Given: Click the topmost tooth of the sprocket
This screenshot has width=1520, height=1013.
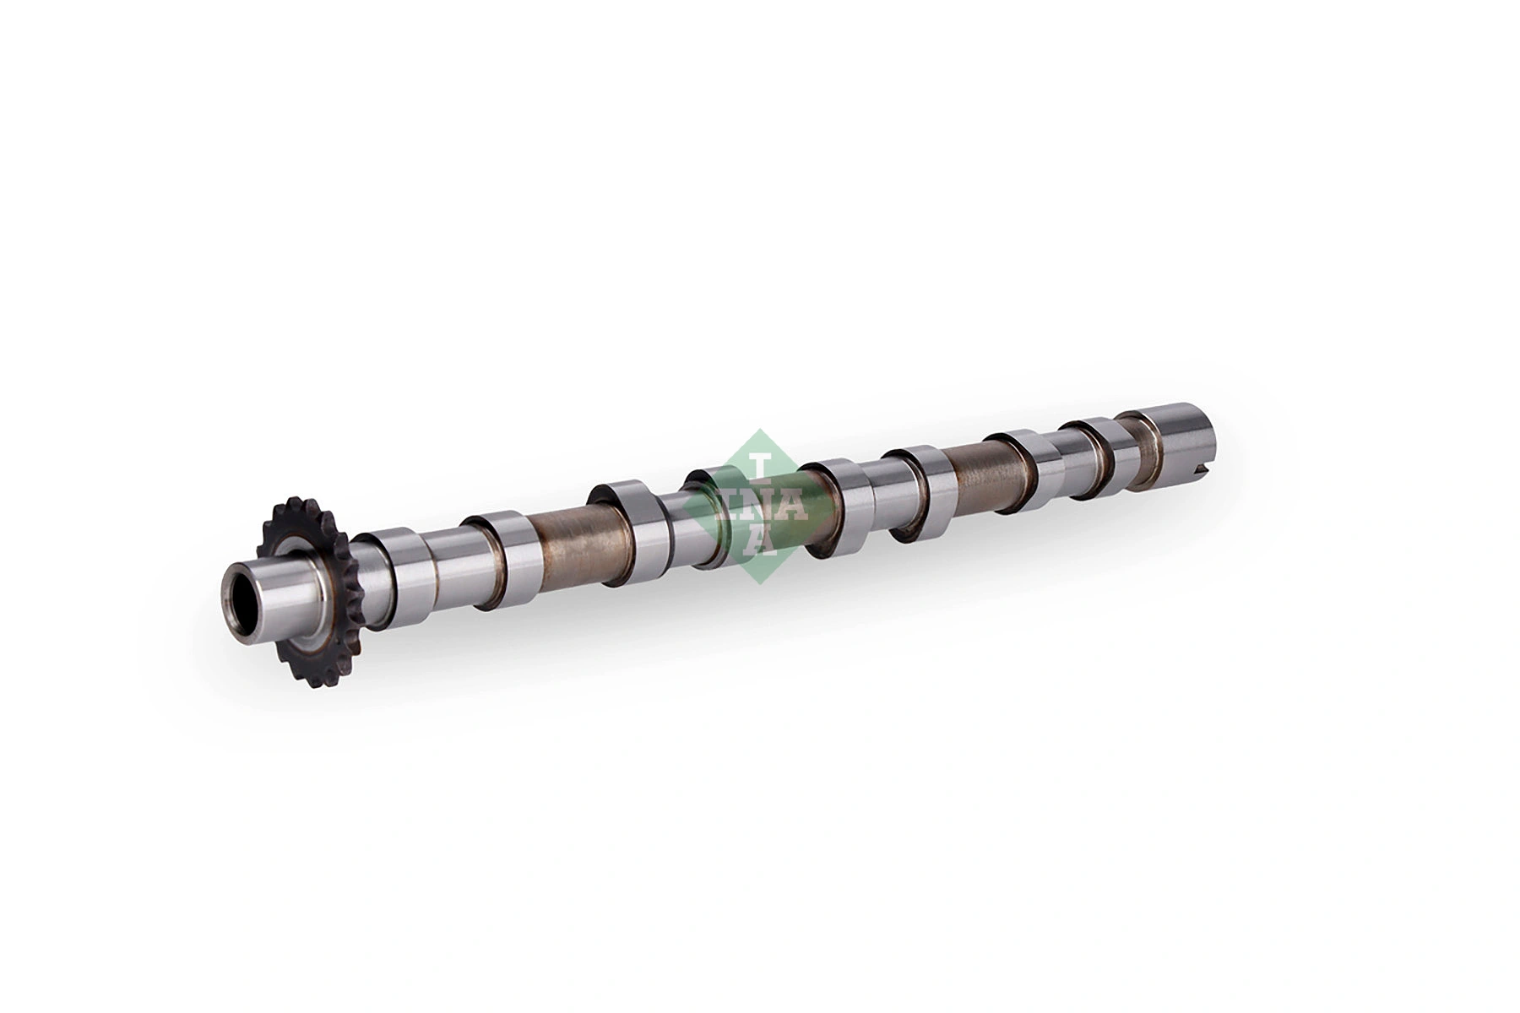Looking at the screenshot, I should click(x=288, y=501).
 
